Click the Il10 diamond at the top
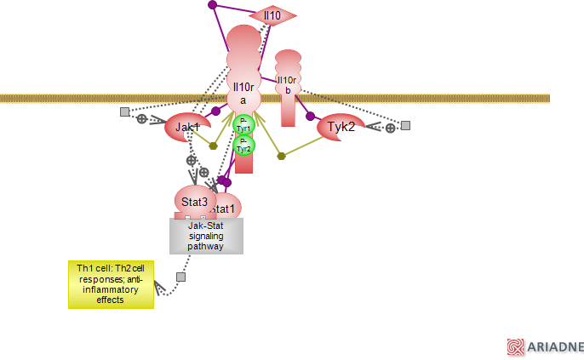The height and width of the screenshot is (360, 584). pos(272,15)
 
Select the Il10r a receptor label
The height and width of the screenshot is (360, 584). pos(243,92)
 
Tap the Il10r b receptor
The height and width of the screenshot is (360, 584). pos(288,84)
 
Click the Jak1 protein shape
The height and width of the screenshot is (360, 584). pos(186,128)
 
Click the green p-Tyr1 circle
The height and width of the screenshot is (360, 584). pos(243,125)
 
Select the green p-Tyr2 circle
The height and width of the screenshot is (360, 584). pos(243,145)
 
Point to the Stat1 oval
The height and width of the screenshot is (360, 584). pos(225,209)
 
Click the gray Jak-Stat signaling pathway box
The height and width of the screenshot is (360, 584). pos(206,236)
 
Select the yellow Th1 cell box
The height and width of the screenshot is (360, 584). pos(112,284)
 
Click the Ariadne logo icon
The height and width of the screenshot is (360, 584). pos(515,346)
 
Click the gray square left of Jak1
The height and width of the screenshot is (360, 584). pos(124,111)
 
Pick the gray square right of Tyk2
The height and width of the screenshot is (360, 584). pos(406,125)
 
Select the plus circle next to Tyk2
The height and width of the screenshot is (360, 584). pos(390,128)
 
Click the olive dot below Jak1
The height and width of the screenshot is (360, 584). pos(214,146)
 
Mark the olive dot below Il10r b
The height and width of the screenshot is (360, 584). pos(281,156)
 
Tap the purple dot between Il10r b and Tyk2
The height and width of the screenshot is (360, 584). pos(310,116)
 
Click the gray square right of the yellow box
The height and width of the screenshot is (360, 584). pos(180,277)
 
